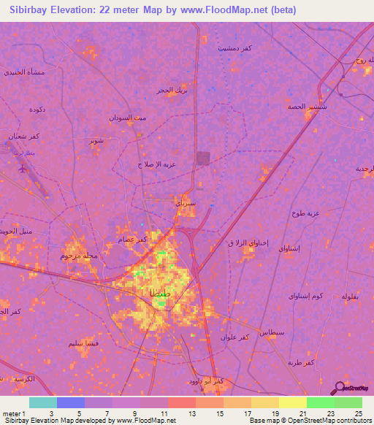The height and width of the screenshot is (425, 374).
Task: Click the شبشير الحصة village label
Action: pyautogui.click(x=305, y=106)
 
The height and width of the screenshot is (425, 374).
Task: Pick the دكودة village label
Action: pyautogui.click(x=38, y=110)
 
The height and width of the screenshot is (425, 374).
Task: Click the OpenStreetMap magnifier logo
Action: pyautogui.click(x=339, y=388)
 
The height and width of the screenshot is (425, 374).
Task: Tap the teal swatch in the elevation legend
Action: pyautogui.click(x=42, y=402)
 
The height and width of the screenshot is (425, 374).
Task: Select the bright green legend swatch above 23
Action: pyautogui.click(x=348, y=402)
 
